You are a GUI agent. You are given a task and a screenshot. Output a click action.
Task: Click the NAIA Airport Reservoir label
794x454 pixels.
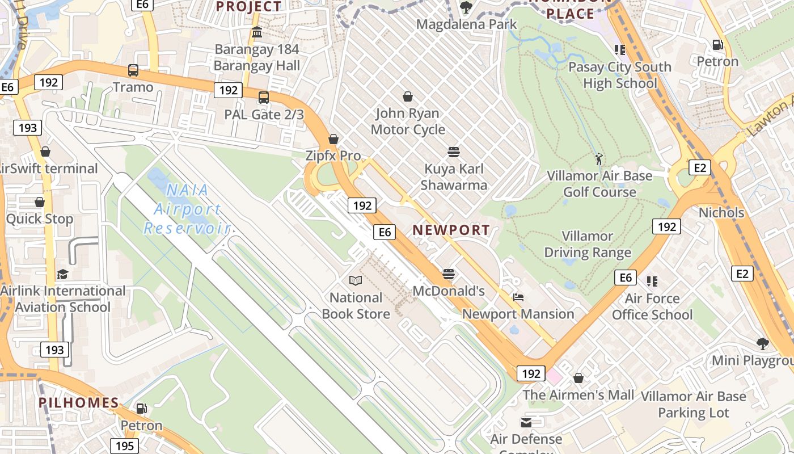(187, 209)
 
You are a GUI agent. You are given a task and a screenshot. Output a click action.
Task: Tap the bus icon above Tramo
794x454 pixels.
(133, 70)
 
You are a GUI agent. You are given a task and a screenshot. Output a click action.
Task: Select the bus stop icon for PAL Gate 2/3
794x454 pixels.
(264, 98)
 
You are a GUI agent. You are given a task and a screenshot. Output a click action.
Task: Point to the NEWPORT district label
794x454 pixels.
(451, 230)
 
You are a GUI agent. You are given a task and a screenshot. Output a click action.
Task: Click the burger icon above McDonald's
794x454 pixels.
(449, 275)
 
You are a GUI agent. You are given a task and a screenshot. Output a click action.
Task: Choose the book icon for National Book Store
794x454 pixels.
(356, 280)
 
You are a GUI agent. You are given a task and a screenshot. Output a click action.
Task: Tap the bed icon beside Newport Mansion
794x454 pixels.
(518, 297)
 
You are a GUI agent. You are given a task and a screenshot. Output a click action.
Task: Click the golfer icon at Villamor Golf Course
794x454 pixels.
(599, 159)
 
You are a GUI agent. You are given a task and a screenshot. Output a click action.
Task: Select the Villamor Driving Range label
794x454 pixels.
(588, 244)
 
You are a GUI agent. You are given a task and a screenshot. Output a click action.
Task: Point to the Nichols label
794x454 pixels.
(721, 213)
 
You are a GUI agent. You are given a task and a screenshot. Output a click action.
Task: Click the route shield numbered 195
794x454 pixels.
(125, 445)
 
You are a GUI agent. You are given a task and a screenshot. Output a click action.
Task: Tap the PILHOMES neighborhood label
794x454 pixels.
(78, 403)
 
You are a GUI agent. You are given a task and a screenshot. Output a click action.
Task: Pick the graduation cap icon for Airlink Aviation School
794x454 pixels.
(62, 274)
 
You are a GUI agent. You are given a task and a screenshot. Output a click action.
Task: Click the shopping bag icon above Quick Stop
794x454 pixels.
(40, 202)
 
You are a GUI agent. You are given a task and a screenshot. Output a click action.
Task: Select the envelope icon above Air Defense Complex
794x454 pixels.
(526, 422)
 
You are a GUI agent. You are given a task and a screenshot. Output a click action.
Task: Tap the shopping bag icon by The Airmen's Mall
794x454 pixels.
(578, 377)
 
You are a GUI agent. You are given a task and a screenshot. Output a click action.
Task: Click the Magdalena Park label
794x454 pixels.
(466, 24)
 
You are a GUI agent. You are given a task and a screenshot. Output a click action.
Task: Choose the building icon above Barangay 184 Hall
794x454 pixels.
(257, 32)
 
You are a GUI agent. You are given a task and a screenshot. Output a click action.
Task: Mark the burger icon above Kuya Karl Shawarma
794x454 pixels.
(453, 152)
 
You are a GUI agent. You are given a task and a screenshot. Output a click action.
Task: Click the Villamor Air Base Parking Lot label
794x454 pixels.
(693, 404)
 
